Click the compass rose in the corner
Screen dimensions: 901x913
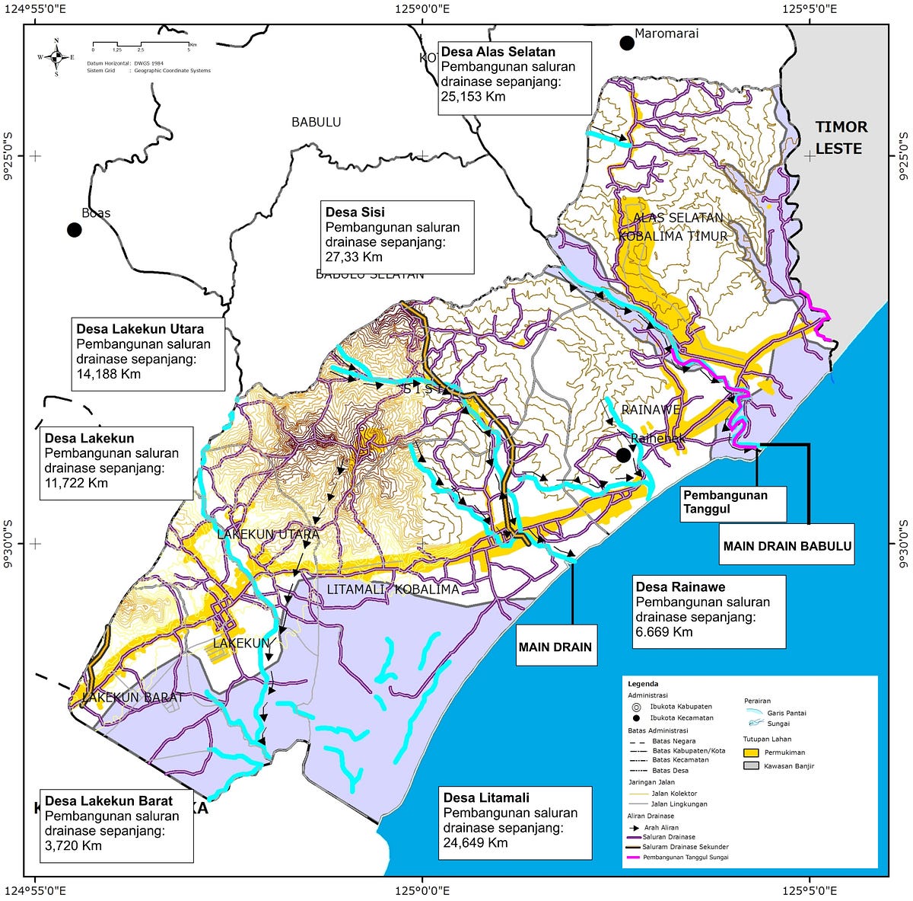coord(56,56)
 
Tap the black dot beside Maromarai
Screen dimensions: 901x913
coord(626,43)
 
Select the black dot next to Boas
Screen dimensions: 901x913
coord(74,229)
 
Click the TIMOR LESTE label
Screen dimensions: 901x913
coord(840,138)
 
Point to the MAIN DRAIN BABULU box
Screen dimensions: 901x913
coord(787,545)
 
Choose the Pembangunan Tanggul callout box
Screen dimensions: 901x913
coord(733,502)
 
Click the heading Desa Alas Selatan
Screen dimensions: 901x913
coord(498,52)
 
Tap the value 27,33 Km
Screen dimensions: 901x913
coord(354,257)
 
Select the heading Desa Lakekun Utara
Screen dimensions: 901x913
coord(140,329)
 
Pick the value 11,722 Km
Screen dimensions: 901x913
coord(76,483)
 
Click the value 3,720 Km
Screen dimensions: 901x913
coord(73,845)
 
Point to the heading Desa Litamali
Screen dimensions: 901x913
coord(486,797)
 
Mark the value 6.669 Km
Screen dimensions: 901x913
coord(664,631)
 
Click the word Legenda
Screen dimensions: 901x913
coord(643,684)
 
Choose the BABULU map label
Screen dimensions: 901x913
coord(317,122)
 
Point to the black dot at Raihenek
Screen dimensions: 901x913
coord(623,455)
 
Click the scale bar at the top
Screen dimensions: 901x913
coord(141,46)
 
